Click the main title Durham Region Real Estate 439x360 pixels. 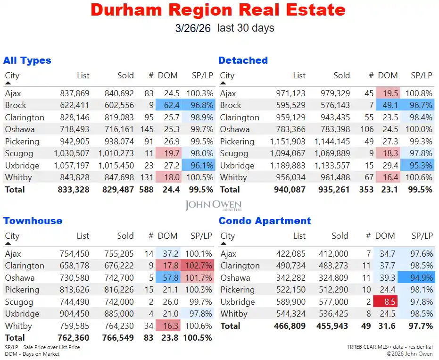click(218, 9)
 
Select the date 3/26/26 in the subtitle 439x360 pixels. click(192, 28)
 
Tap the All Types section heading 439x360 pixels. click(27, 60)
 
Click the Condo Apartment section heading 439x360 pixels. click(265, 221)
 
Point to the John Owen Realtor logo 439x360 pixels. click(213, 205)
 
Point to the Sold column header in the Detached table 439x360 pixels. click(341, 75)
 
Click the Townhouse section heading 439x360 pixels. click(33, 221)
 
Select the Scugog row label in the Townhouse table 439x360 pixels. click(19, 302)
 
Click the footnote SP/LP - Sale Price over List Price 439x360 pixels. click(42, 347)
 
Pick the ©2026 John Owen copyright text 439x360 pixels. click(409, 353)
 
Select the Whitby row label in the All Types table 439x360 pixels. click(18, 177)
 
